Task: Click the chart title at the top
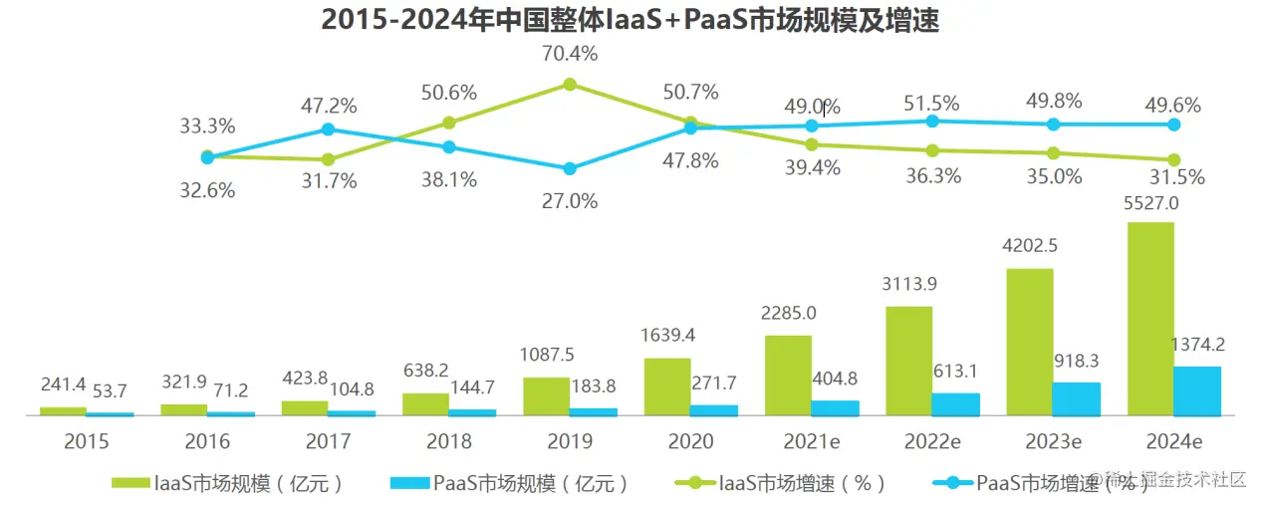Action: pos(631,20)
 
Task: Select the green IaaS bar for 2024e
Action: pos(1149,319)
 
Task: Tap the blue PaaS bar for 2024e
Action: pos(1196,390)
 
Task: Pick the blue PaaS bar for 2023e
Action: pos(1076,398)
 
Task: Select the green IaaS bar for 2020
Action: pos(666,386)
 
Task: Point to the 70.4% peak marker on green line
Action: pos(570,85)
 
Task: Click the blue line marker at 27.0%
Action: pos(570,169)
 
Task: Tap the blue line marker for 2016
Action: pos(328,129)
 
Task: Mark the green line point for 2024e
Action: pos(1173,159)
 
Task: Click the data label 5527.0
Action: pos(1150,203)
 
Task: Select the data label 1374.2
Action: pos(1196,346)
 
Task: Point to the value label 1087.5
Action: pos(546,356)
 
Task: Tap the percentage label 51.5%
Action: pos(932,104)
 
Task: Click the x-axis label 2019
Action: pos(570,441)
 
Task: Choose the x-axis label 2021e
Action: pos(811,441)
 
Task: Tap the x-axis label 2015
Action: pos(87,441)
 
